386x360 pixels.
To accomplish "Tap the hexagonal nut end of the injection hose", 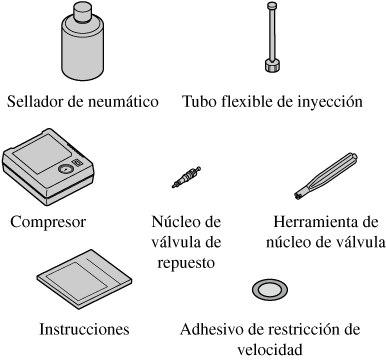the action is click(x=273, y=65).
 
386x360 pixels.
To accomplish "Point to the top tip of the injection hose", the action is click(x=273, y=5).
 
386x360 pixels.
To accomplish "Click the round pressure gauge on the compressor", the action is click(x=65, y=169).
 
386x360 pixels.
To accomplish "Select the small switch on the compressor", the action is click(x=78, y=163).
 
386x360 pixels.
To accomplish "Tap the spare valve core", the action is click(x=187, y=177).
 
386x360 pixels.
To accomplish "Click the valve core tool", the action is click(x=326, y=176).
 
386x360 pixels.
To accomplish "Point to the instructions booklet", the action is click(x=84, y=279).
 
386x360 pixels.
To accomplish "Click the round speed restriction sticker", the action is click(x=270, y=289).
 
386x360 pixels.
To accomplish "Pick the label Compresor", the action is click(x=48, y=222).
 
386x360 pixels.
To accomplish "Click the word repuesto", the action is click(x=186, y=263).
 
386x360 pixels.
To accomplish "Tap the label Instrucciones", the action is click(x=84, y=329).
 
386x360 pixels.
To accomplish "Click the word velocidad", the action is click(x=270, y=350).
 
